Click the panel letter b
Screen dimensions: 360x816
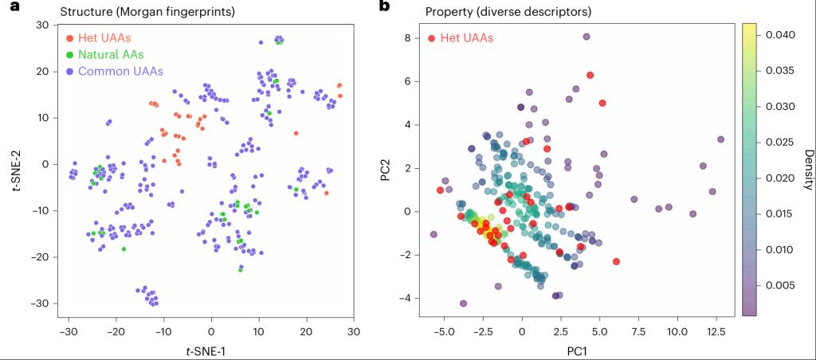click(384, 7)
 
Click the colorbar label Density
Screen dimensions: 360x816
click(807, 168)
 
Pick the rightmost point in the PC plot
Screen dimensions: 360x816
click(720, 139)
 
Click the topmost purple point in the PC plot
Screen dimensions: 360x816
click(586, 37)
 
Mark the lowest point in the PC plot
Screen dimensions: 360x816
click(463, 303)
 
